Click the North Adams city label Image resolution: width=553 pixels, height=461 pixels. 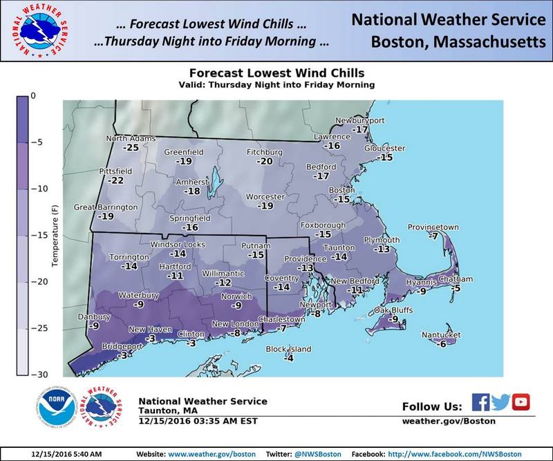click(128, 138)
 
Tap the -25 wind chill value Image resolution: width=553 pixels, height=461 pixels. click(131, 147)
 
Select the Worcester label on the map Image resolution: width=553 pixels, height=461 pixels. click(265, 197)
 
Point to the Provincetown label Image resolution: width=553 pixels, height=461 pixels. click(433, 227)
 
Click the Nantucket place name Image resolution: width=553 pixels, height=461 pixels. click(442, 335)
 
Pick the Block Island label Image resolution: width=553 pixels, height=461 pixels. click(289, 349)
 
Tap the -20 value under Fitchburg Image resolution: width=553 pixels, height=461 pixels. click(265, 161)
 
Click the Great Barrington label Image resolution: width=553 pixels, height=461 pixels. click(104, 207)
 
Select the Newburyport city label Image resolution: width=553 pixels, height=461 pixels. click(360, 121)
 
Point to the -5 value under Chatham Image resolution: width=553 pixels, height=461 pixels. click(456, 288)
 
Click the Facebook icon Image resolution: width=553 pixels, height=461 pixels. click(480, 402)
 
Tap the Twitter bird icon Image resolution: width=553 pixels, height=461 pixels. click(500, 402)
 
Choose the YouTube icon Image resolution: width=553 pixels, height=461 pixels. click(521, 402)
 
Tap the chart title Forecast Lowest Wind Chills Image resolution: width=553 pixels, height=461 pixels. click(276, 73)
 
